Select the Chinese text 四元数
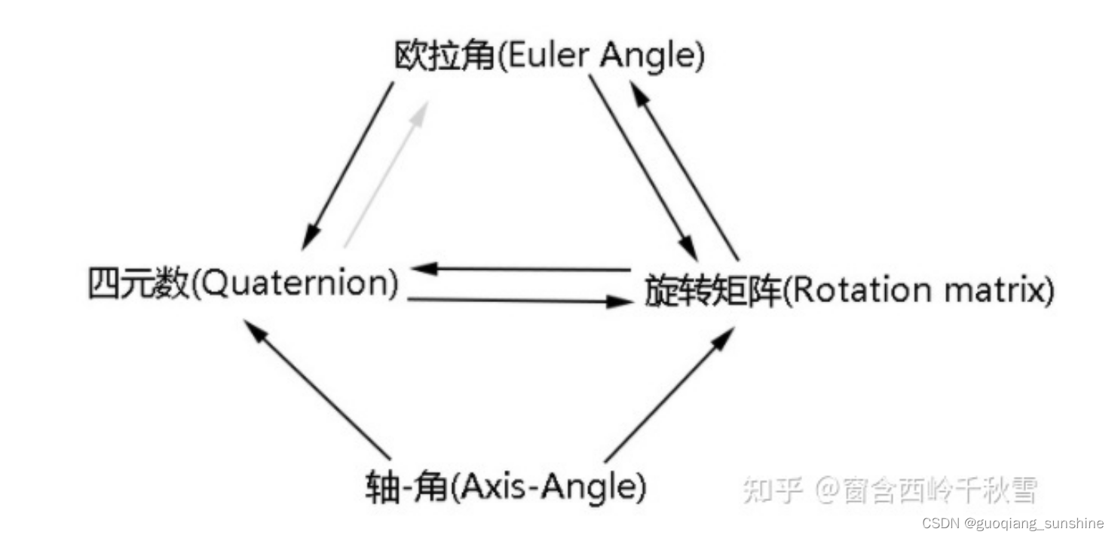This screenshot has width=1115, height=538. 137,286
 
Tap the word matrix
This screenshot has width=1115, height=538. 985,290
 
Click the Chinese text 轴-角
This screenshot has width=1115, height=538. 407,488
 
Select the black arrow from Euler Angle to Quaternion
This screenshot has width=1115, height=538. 348,166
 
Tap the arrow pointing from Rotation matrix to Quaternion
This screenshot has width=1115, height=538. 520,268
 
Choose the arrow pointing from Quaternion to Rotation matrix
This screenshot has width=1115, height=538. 520,301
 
